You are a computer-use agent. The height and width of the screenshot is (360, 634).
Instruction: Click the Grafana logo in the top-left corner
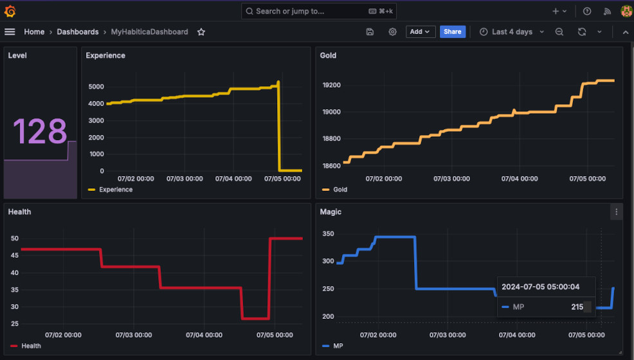(x=10, y=11)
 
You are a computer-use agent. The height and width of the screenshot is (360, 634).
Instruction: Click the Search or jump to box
(x=319, y=11)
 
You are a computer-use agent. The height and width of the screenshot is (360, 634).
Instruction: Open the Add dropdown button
(x=421, y=32)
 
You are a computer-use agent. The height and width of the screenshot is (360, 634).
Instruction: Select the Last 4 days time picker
(x=512, y=32)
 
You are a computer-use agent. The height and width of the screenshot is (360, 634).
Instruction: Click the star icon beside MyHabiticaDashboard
(x=201, y=32)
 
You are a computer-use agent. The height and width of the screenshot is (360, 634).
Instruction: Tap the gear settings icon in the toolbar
(x=392, y=32)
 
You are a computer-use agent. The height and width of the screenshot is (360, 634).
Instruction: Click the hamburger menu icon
(x=10, y=32)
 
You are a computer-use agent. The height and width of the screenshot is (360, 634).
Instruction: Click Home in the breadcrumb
(x=34, y=32)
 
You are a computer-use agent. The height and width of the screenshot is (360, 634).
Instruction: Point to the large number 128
(x=40, y=131)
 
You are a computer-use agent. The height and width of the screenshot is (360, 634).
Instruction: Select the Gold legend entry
(x=340, y=190)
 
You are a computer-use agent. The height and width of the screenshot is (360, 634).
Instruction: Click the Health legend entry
(x=31, y=346)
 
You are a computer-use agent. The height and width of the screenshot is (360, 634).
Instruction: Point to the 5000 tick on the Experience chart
(x=96, y=87)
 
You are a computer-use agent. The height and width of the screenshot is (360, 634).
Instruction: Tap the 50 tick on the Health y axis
(x=14, y=239)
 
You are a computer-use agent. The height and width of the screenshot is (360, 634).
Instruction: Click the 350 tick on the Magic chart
(x=328, y=234)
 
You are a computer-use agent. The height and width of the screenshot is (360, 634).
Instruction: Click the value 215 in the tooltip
(x=577, y=307)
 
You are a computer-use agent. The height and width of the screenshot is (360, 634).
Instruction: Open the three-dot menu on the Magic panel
(x=616, y=212)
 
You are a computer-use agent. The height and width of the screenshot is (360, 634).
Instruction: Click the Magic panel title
(x=331, y=212)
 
